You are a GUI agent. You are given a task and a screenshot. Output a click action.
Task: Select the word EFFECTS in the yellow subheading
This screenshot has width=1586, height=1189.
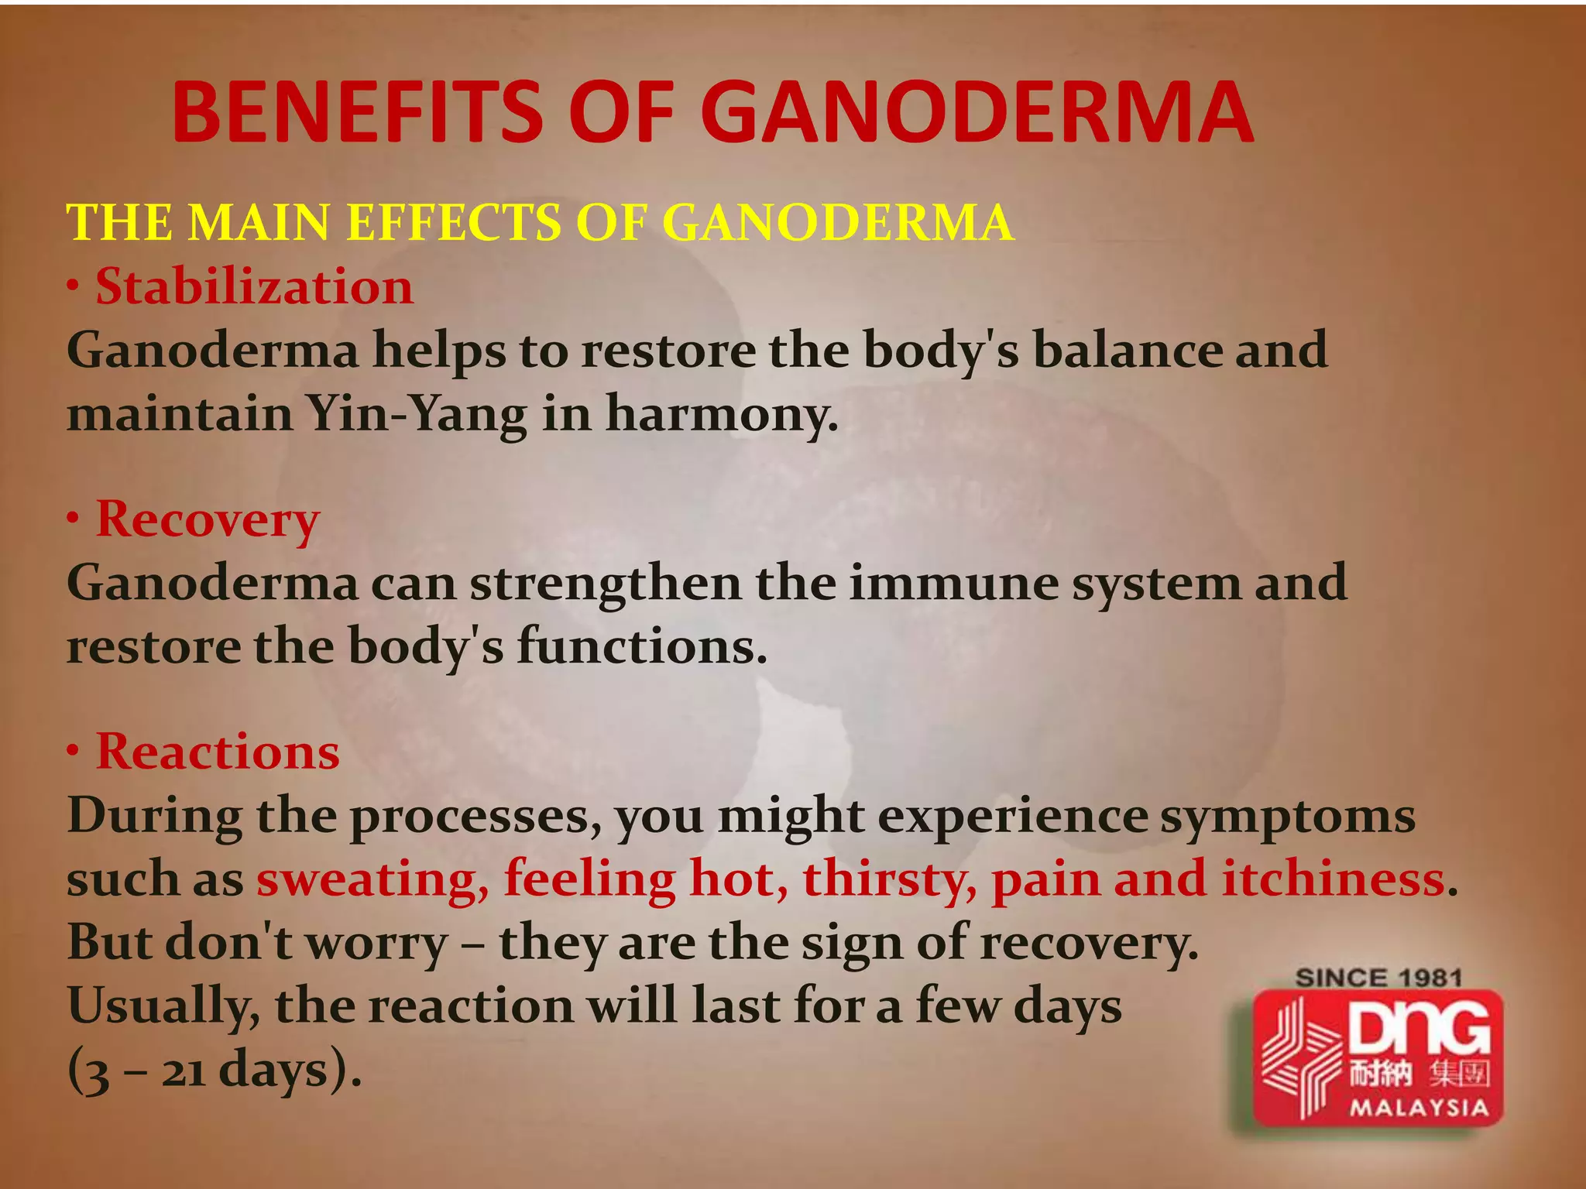[x=454, y=223]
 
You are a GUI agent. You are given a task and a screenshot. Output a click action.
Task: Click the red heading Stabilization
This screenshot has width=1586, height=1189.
[x=255, y=287]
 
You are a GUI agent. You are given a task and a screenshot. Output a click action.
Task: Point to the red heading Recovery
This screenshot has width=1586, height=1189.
[x=207, y=520]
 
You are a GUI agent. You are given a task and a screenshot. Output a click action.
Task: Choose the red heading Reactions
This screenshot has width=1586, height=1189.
[x=218, y=752]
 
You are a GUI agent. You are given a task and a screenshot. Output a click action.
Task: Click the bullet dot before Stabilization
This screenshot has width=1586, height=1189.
[x=73, y=287]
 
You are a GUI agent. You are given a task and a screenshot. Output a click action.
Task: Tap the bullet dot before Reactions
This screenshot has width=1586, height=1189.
[x=73, y=752]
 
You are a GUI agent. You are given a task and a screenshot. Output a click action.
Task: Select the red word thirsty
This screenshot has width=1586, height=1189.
[x=889, y=881]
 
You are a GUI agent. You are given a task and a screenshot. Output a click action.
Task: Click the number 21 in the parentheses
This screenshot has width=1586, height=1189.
[x=184, y=1072]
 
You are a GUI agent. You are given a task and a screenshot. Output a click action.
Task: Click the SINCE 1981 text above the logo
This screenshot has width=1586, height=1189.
[x=1378, y=978]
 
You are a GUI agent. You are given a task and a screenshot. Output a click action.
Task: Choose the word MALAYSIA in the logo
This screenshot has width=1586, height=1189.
[x=1419, y=1108]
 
